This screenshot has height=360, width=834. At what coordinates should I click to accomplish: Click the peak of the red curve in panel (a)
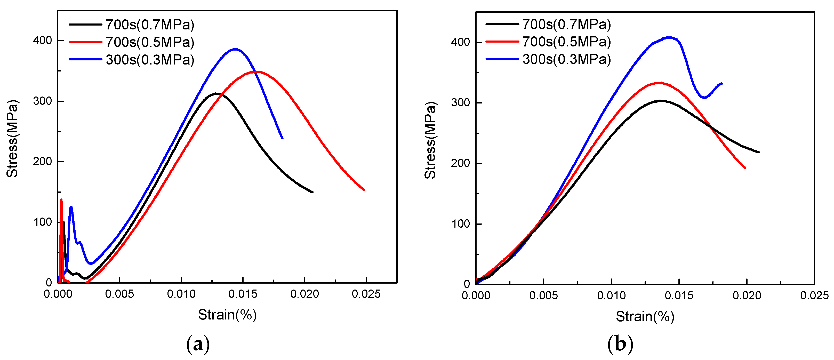256,72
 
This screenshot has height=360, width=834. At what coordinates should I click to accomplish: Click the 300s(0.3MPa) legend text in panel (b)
567,59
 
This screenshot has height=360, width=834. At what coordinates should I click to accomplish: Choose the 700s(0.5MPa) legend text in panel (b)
567,42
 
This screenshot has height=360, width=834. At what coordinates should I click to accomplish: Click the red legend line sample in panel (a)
85,42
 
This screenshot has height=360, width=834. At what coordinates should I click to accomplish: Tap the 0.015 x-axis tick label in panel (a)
243,294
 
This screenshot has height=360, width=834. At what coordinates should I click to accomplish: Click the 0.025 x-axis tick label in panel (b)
814,295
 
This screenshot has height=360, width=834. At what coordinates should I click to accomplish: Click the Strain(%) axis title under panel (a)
227,315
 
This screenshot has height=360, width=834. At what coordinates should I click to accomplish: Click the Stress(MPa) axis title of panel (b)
431,140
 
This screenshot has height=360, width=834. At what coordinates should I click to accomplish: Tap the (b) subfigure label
620,344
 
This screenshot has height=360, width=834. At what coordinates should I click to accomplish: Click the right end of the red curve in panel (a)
364,190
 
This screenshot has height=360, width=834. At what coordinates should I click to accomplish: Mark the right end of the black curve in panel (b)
759,152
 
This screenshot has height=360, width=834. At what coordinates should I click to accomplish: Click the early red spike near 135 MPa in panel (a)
61,200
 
